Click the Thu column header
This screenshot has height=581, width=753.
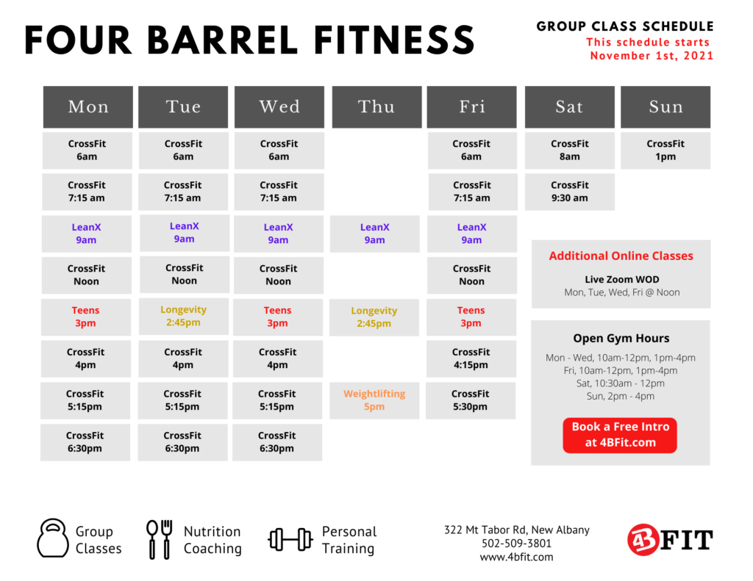coord(376,107)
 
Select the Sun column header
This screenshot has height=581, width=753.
coord(665,107)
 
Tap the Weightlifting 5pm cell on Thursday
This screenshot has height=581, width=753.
coord(374,400)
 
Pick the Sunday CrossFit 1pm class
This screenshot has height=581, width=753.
coord(665,150)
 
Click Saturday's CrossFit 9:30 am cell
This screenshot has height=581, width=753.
coord(570,192)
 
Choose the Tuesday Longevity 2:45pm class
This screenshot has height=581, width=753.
coord(184,316)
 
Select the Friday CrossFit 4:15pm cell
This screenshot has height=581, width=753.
coord(471,359)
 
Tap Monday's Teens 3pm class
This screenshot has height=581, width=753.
coord(85,317)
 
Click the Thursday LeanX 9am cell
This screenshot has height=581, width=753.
coord(374,234)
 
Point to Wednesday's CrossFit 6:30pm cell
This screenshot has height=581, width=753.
coord(277,442)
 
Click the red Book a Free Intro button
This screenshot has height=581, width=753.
coord(620,435)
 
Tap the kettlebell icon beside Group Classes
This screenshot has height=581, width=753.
coord(53,538)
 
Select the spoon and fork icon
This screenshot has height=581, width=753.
coord(160,539)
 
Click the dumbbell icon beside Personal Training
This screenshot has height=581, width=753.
coord(290,540)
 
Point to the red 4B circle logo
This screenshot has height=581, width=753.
coord(643,540)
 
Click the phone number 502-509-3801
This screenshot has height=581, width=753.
coord(516,544)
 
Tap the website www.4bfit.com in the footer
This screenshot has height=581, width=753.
coord(516,557)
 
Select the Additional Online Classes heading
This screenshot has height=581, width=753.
coord(621,256)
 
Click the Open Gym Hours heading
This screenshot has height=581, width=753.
coord(621,339)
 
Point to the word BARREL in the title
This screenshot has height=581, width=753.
coord(222,40)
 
